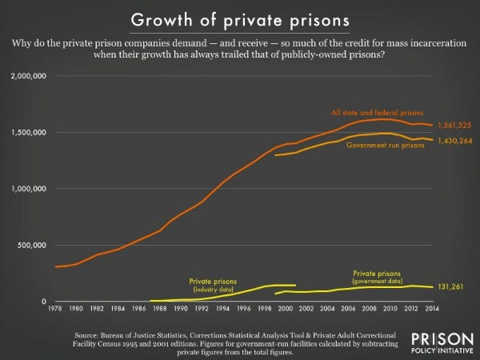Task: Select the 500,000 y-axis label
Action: (34, 245)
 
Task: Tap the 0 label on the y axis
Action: (47, 301)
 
